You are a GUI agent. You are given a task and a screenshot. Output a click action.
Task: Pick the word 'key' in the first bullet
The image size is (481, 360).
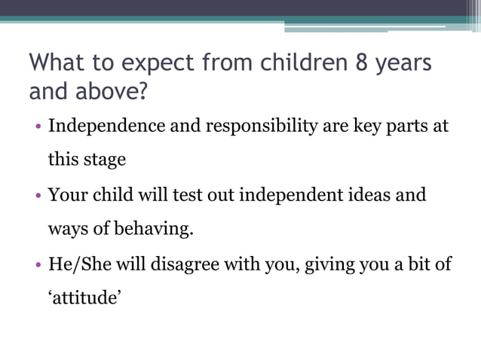coord(364,126)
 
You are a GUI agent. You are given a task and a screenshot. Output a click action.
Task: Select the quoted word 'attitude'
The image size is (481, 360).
coord(84,298)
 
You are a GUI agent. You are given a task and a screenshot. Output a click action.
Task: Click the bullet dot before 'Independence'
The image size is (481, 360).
coord(38,127)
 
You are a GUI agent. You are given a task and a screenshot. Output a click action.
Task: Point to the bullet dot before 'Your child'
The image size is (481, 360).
coord(38,196)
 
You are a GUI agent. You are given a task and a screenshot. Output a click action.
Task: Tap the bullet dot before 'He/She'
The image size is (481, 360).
coord(38,265)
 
